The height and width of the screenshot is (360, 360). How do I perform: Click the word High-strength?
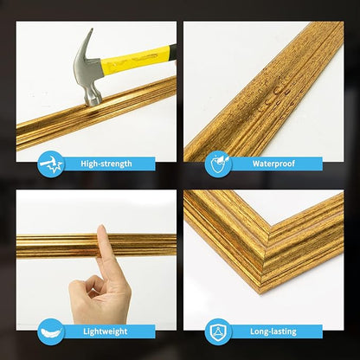point(106,163)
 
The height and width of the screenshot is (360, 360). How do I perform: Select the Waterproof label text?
point(274,163)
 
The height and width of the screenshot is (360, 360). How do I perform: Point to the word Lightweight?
point(106,331)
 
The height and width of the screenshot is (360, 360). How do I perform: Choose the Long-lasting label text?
point(274,331)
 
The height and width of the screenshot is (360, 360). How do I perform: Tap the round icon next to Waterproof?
point(217,163)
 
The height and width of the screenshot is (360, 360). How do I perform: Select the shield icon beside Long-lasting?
point(217,331)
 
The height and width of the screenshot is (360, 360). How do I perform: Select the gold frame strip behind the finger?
point(52,246)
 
